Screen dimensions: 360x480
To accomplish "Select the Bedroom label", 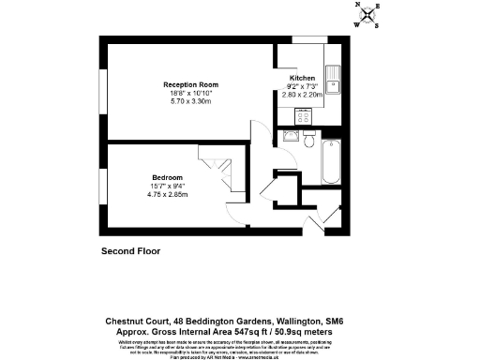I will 168,177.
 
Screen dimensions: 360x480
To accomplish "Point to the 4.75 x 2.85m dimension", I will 169,194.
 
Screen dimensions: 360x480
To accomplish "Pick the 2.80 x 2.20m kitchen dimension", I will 303,96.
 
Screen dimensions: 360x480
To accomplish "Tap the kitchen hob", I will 303,116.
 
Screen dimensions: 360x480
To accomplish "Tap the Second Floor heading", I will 130,251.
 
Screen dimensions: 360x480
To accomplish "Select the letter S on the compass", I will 375,26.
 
